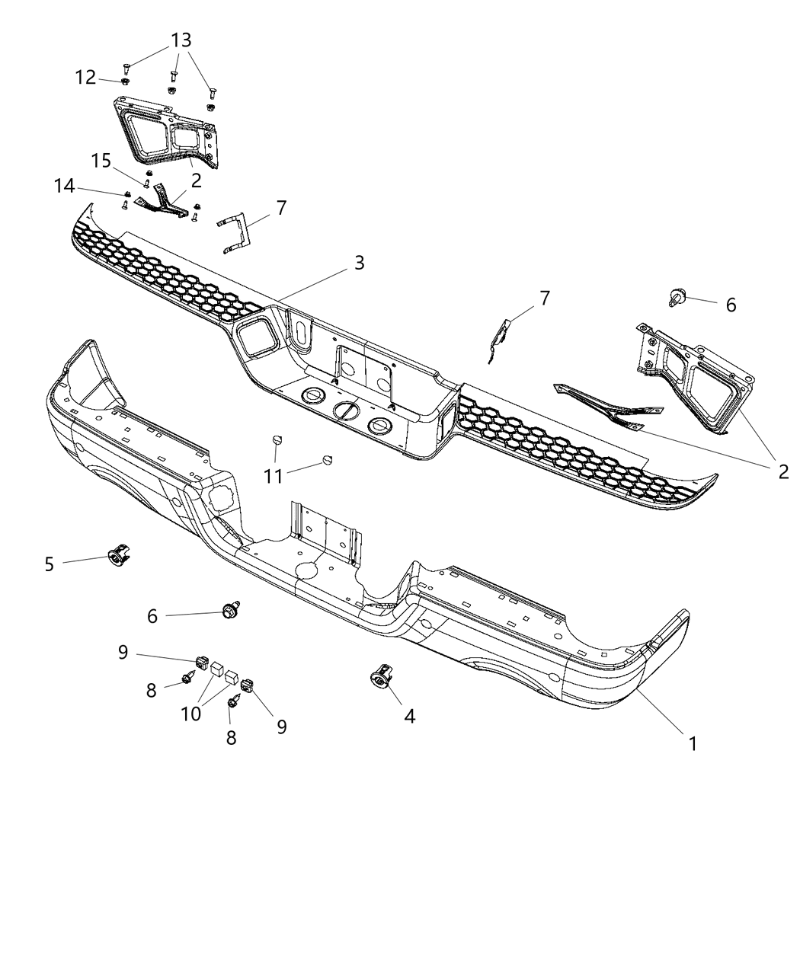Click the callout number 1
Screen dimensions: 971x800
[693, 743]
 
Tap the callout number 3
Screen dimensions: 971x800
[359, 264]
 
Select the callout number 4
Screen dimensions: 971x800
[409, 716]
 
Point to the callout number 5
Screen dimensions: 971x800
[50, 564]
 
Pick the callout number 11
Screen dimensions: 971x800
[273, 477]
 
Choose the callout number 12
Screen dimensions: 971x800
[85, 78]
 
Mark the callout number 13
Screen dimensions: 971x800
[181, 40]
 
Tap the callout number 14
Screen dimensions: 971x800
[65, 186]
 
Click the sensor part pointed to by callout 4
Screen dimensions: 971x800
[379, 674]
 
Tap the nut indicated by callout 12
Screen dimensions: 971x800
[125, 81]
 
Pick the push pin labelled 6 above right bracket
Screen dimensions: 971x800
[675, 298]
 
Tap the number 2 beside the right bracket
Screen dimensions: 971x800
[782, 471]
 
